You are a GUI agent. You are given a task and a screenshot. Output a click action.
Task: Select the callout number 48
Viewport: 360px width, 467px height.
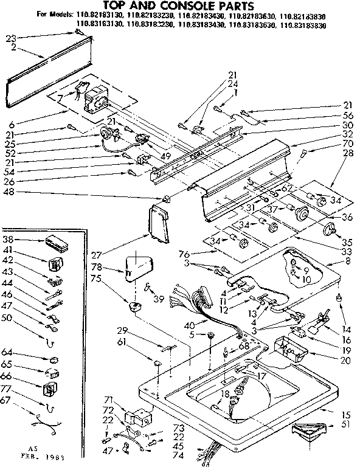10,193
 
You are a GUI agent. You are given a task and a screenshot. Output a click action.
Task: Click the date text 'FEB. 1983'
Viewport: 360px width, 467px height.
18,455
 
